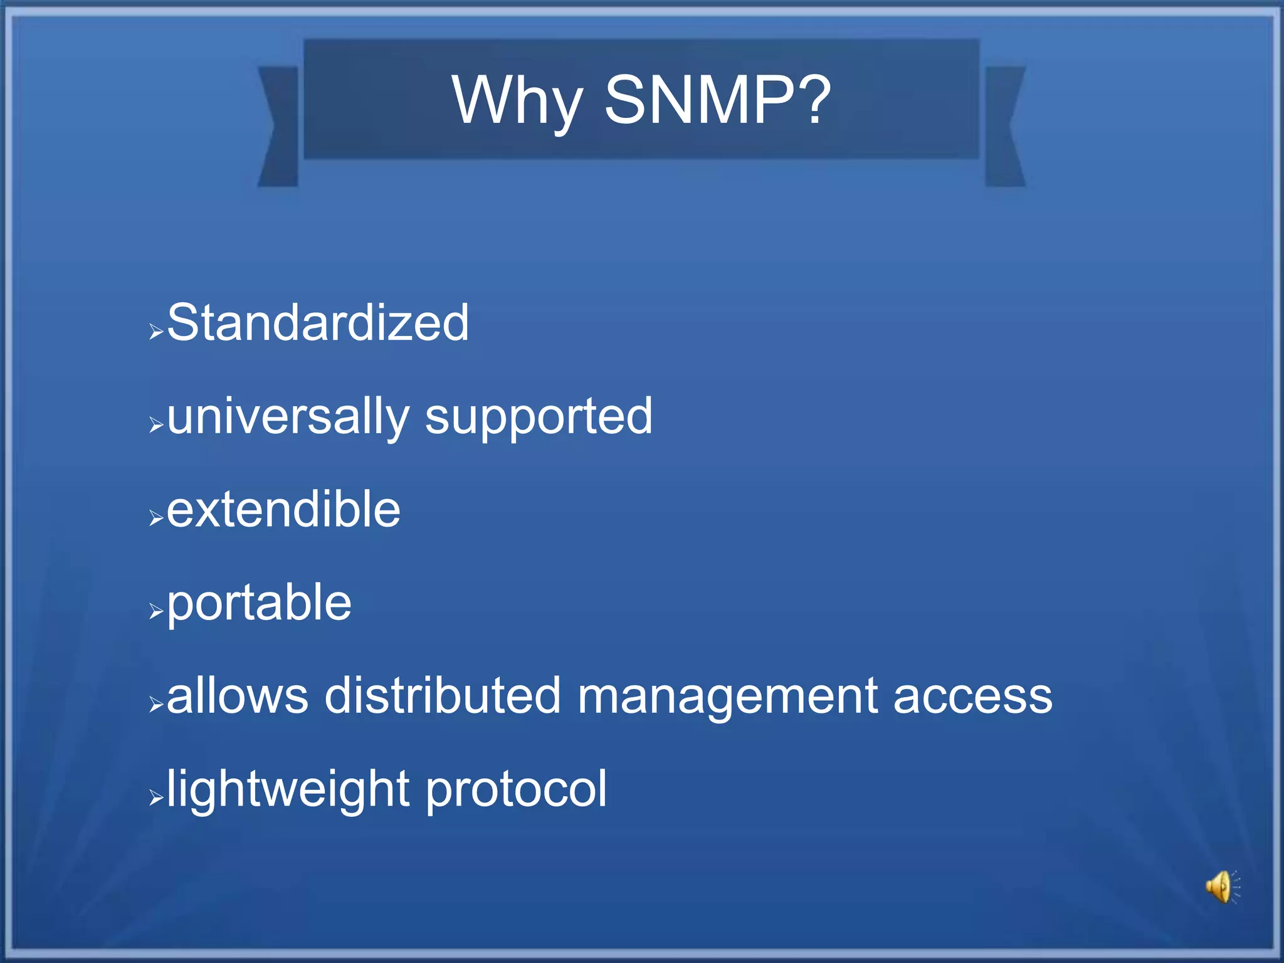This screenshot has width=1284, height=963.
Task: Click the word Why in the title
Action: [517, 100]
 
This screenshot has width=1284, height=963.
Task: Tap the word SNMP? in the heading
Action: [717, 100]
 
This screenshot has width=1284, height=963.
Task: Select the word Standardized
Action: [318, 322]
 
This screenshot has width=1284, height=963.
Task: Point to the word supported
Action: [539, 418]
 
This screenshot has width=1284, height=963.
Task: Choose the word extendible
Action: [283, 509]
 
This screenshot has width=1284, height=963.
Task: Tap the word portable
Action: [260, 603]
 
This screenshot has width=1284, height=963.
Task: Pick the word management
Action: [727, 697]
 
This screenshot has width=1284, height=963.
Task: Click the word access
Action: [972, 697]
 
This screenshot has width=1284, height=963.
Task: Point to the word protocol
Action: [516, 790]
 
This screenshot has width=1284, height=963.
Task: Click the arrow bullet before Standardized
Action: [156, 332]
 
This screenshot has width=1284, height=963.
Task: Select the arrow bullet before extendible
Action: [156, 518]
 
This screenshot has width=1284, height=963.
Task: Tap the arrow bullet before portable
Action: [156, 611]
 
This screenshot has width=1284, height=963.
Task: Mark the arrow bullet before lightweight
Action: [156, 798]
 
